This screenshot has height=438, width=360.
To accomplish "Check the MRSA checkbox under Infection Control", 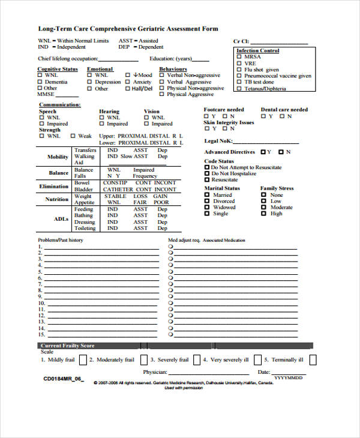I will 239,57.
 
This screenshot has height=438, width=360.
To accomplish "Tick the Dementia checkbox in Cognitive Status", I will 41,82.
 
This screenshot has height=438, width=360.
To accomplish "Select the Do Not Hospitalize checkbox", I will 207,173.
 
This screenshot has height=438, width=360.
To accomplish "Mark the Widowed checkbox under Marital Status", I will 207,208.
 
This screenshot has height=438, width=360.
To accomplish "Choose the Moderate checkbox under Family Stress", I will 263,208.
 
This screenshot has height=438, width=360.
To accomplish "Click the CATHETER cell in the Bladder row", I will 116,190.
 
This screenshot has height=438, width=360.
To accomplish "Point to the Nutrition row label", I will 57,199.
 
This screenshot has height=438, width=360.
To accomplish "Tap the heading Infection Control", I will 257,51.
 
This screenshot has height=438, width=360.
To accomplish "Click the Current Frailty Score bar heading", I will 67,346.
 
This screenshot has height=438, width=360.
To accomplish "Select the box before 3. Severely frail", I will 144,360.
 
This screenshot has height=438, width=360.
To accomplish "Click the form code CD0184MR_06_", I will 64,380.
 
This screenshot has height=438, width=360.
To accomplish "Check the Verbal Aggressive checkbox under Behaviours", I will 161,82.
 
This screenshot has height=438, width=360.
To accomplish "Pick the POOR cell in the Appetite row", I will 161,203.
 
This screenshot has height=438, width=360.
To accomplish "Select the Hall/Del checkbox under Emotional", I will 127,89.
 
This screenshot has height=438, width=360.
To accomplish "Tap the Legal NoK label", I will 218,140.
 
